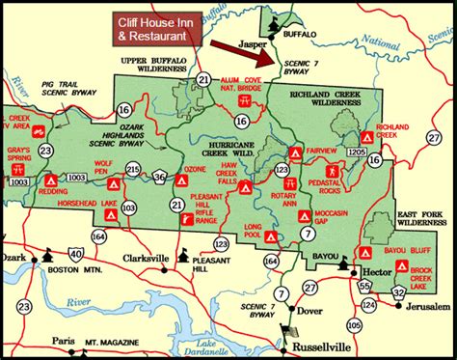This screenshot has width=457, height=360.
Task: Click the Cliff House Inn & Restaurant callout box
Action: [161, 27]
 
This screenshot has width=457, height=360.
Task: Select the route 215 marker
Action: [132, 170]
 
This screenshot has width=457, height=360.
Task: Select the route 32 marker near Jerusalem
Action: [398, 292]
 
